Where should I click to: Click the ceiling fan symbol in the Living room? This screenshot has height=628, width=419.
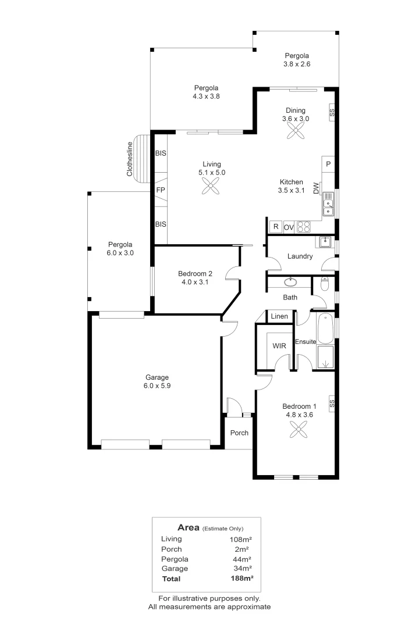coord(211,186)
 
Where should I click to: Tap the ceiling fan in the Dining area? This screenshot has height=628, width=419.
coord(296,130)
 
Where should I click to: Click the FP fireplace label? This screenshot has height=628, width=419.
coord(161,190)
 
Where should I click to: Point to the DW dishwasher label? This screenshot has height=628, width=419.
coord(317,188)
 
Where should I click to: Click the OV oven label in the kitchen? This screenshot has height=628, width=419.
coord(289,227)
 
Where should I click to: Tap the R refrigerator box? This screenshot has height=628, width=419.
coord(276,227)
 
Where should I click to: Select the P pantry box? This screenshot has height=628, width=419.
coord(328,164)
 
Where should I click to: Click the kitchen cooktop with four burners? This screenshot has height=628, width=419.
coord(304,227)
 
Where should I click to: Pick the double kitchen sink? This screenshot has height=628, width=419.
coord(328,204)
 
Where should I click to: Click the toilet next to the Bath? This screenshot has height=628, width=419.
coord(325,284)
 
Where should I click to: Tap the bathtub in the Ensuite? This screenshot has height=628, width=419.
coord(325,329)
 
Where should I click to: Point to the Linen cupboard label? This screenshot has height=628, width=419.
coord(279,316)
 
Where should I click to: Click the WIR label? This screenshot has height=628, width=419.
coord(279,345)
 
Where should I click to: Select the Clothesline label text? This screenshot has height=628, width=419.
coord(130,159)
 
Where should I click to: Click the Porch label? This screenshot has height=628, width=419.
coord(239,433)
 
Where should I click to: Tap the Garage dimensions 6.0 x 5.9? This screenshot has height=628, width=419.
coord(157,386)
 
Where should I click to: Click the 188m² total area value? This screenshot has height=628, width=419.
coord(242,578)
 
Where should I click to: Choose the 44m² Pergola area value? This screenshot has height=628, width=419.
coord(242,559)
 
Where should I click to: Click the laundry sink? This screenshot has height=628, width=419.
coord(325,242)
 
